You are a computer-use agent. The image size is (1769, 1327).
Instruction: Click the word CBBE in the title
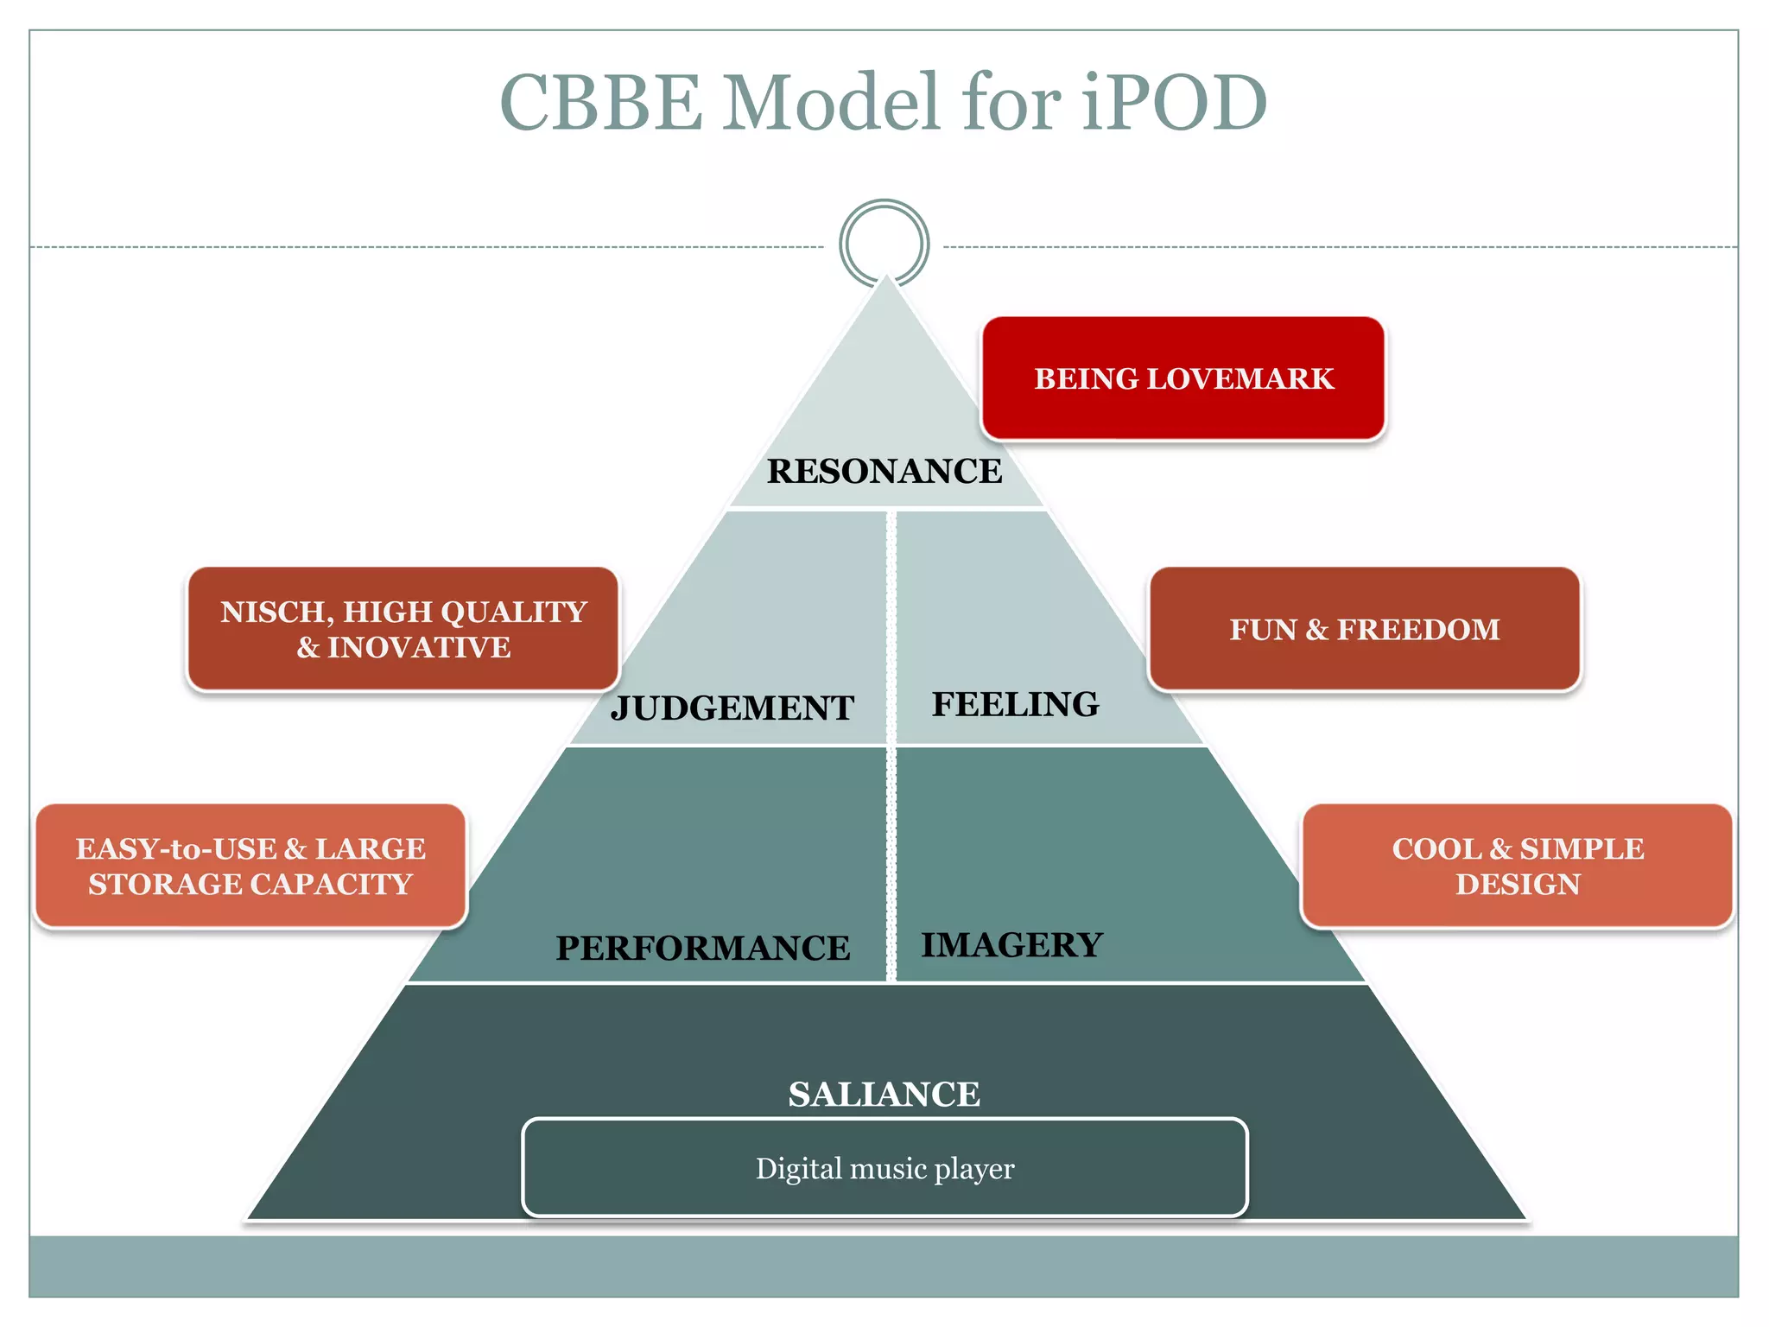click(x=601, y=103)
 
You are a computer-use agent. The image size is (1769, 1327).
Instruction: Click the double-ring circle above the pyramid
click(x=884, y=243)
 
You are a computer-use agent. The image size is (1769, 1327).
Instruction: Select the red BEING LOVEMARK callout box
click(x=1183, y=378)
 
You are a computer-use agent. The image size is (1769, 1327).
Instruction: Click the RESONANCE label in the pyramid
click(x=884, y=472)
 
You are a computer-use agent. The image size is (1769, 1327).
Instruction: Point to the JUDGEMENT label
click(x=732, y=708)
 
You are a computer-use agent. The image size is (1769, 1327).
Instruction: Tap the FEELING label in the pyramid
click(x=1015, y=705)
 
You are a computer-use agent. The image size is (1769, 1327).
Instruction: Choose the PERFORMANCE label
click(x=702, y=949)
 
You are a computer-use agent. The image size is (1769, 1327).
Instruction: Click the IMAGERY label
click(x=1011, y=945)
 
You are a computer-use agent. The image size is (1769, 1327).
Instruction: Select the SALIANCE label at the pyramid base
click(x=884, y=1095)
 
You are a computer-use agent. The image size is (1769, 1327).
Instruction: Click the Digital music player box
click(x=884, y=1168)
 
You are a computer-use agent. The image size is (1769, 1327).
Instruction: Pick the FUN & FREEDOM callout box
click(x=1364, y=630)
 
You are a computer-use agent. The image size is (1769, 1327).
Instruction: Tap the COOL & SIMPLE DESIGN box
click(x=1517, y=867)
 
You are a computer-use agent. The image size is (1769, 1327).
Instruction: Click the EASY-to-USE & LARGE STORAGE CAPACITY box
click(x=250, y=867)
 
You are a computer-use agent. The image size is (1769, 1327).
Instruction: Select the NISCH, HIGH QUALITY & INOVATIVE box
click(x=403, y=630)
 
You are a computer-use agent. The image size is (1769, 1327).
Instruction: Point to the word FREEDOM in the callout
click(x=1418, y=630)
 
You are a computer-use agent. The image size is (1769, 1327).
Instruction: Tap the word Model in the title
click(x=830, y=103)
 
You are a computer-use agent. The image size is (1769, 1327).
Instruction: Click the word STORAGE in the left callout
click(x=165, y=885)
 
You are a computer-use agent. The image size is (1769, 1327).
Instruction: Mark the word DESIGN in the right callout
click(x=1518, y=885)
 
